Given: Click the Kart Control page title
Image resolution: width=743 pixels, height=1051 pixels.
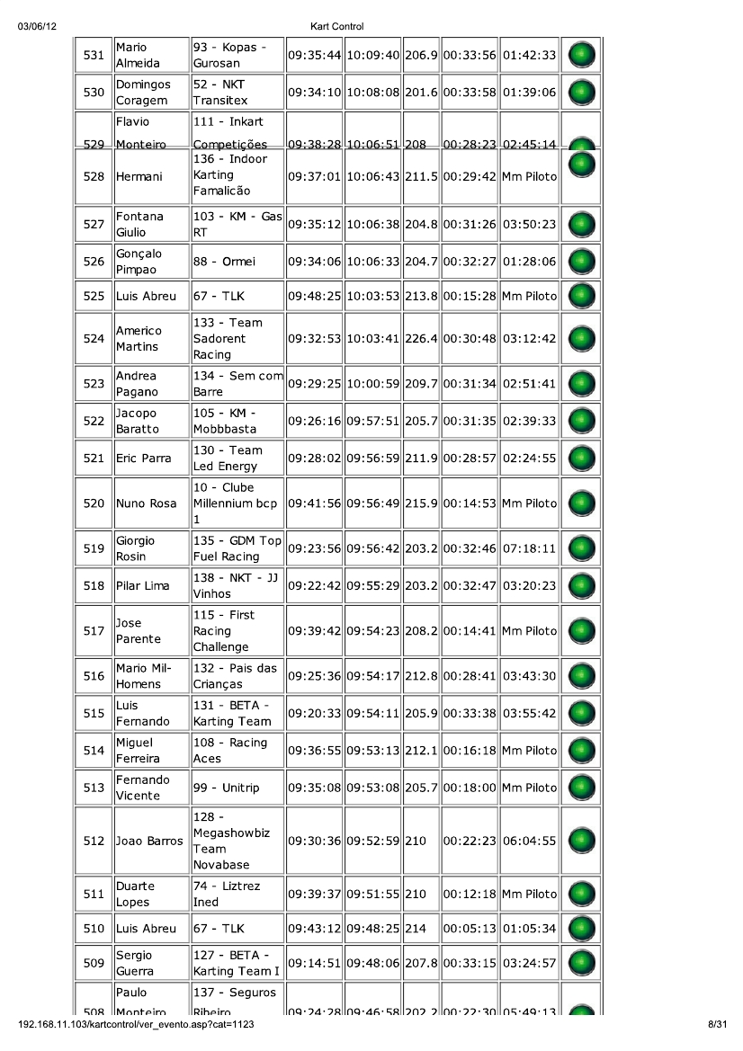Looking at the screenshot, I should [x=336, y=27].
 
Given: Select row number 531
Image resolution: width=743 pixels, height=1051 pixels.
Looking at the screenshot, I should [x=94, y=56].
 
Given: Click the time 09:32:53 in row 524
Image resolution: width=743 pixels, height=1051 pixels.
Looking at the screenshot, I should [x=314, y=339].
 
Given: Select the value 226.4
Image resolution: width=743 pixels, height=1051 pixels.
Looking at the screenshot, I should [x=421, y=339].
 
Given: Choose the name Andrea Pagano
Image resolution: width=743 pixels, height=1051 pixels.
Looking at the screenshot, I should [x=137, y=384].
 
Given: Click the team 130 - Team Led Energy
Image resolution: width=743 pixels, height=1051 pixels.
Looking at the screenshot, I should [x=228, y=459].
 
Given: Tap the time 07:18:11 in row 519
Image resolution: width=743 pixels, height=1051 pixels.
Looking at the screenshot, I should [x=529, y=548].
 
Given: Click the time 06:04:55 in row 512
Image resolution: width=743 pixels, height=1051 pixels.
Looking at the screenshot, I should [x=529, y=842].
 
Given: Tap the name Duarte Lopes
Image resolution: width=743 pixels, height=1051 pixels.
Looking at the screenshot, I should [x=135, y=895].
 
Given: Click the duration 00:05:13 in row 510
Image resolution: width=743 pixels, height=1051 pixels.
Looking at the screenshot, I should [x=470, y=928].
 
